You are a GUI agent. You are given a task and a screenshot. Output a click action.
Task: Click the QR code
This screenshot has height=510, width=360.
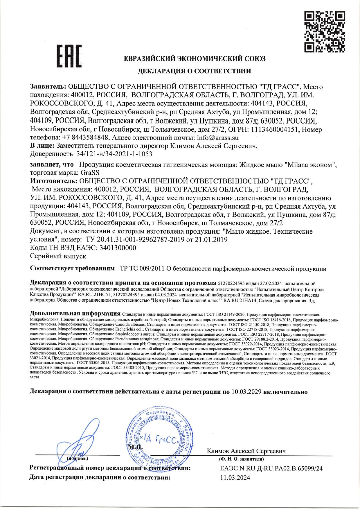pyautogui.click(x=325, y=32)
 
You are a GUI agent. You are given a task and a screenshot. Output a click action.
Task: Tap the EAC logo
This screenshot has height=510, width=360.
pyautogui.click(x=69, y=56)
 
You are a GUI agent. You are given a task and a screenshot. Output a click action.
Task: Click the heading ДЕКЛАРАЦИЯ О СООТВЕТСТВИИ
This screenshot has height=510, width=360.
pyautogui.click(x=194, y=71)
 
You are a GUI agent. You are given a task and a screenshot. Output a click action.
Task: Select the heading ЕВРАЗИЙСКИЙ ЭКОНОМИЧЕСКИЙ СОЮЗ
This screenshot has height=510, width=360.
pyautogui.click(x=195, y=59)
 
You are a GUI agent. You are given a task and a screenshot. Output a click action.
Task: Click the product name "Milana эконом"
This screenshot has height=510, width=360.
pyautogui.click(x=312, y=165)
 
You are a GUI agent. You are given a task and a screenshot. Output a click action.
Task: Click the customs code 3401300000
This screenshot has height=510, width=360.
pyautogui.click(x=118, y=248)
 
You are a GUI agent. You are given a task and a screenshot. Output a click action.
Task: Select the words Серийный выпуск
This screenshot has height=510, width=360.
pyautogui.click(x=58, y=256)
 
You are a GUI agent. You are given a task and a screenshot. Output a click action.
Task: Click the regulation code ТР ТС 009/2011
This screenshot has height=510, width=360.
pyautogui.click(x=142, y=269)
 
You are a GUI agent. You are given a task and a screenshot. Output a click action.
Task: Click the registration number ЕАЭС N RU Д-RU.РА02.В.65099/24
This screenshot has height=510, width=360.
pyautogui.click(x=271, y=468)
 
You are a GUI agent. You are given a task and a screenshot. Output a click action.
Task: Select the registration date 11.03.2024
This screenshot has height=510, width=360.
pyautogui.click(x=235, y=477)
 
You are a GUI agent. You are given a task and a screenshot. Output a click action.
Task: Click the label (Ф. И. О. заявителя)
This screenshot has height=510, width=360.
pyautogui.click(x=241, y=459)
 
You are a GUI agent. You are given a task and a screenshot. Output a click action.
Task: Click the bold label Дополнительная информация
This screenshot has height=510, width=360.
pyautogui.click(x=75, y=314)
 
